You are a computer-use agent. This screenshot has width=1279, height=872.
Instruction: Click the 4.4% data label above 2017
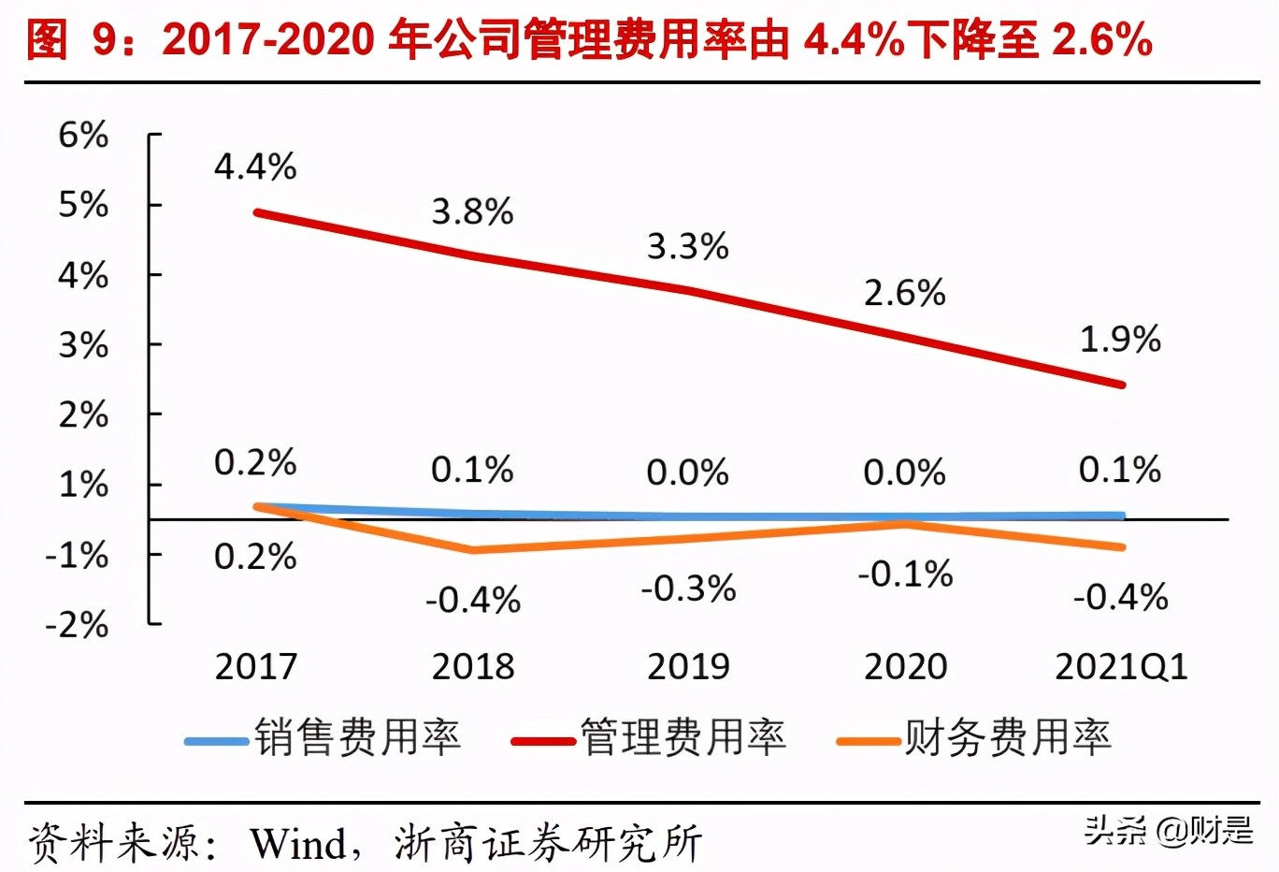point(255,167)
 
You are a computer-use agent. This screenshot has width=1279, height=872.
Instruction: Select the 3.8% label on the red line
point(472,212)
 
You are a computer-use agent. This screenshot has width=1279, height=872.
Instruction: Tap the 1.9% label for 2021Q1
point(1120,340)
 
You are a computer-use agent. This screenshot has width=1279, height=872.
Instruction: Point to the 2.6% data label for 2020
point(904,294)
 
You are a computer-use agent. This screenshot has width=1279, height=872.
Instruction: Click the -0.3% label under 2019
point(688,589)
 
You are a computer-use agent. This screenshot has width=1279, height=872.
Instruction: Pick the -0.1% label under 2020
point(905,574)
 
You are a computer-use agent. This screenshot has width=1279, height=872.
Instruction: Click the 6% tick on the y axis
point(83,136)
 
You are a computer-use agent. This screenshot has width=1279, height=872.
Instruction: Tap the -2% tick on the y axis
point(78,624)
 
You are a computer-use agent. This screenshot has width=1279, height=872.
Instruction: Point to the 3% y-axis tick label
point(83,346)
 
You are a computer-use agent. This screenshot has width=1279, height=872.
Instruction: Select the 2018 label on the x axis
point(473,667)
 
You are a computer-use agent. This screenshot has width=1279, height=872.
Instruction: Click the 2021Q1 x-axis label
point(1121,667)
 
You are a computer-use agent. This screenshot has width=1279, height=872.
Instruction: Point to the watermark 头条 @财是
point(1168,830)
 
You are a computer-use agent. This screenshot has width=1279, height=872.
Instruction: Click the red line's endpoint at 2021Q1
point(1122,385)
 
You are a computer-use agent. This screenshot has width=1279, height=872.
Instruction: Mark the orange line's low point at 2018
point(473,550)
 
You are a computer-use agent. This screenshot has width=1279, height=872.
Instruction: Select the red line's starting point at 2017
point(257,212)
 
